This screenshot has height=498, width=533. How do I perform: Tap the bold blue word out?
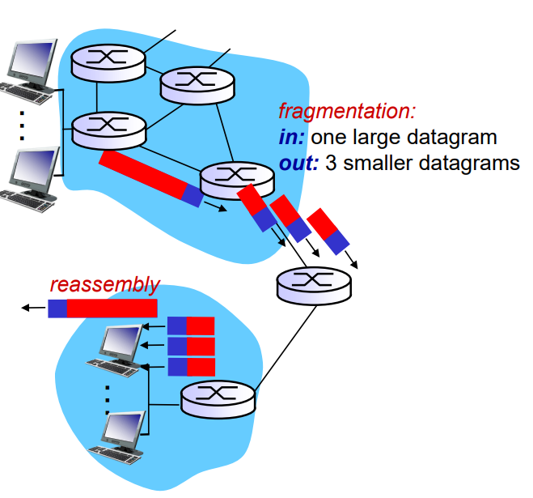pos(298,163)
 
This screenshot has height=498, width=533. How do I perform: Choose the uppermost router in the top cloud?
pos(107,59)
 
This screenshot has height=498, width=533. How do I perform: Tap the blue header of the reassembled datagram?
pos(57,309)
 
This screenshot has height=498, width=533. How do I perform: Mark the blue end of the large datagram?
pos(192,195)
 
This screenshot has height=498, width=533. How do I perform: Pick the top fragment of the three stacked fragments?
pos(191,326)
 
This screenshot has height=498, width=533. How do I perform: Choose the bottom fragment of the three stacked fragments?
pos(191,367)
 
